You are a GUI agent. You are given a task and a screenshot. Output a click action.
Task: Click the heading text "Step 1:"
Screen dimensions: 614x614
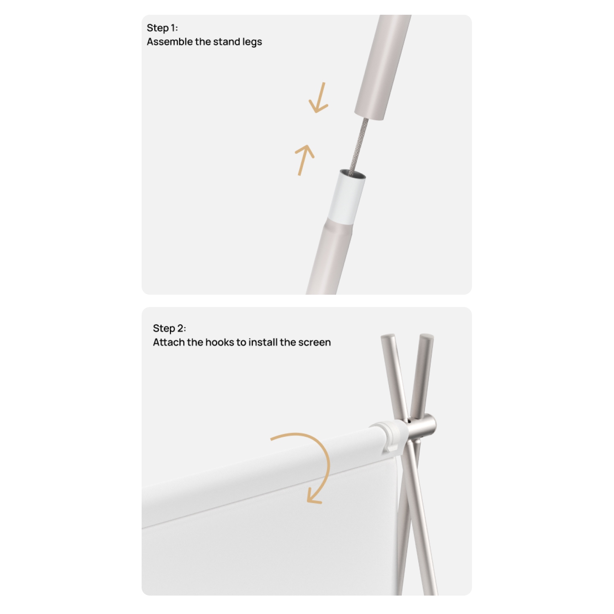coord(162,28)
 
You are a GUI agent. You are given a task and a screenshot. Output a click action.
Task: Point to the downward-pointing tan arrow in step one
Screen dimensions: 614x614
coord(318,98)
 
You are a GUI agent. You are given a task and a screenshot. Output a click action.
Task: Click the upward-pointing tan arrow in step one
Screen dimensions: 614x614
coord(305,160)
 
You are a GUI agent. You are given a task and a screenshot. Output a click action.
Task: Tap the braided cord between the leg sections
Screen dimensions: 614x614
coord(360,145)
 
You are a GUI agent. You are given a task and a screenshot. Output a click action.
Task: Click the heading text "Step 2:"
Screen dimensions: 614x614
coord(169,328)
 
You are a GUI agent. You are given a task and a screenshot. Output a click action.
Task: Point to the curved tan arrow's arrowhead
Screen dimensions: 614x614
coord(313,496)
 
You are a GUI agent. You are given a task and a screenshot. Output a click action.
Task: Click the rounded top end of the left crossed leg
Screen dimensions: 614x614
coord(388,337)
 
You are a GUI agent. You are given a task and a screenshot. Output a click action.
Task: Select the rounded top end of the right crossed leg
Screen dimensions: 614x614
coord(427,337)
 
